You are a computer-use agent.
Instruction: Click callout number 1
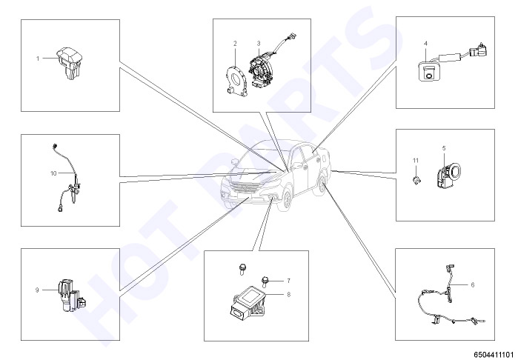click(x=38, y=59)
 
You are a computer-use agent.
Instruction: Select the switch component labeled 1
click(x=70, y=63)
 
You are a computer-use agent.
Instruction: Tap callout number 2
click(x=235, y=43)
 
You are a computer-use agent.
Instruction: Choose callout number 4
click(x=426, y=43)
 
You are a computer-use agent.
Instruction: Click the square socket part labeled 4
click(x=428, y=71)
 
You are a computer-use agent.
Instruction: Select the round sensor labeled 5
click(x=448, y=177)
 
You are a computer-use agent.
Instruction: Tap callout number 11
click(x=416, y=161)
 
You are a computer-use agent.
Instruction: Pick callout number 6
click(x=472, y=284)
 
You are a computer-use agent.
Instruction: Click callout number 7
click(x=288, y=281)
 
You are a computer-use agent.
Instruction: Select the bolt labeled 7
click(x=265, y=281)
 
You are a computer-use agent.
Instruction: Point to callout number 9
click(x=37, y=290)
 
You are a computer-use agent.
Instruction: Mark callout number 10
click(x=53, y=173)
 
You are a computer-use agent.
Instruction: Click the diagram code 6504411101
click(x=495, y=355)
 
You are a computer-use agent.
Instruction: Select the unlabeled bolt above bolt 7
click(x=242, y=269)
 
